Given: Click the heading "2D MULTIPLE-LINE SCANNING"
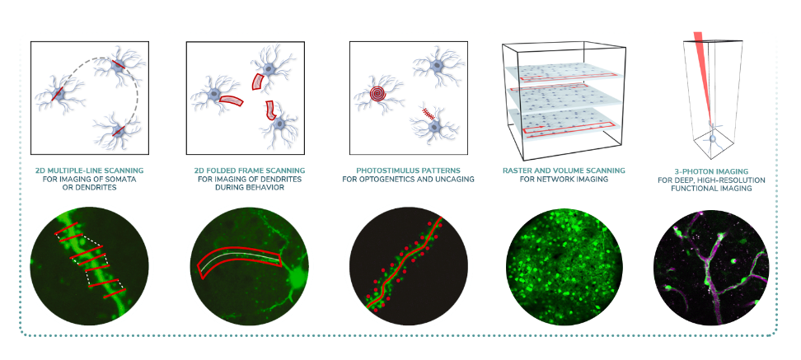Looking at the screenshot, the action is pyautogui.click(x=89, y=170).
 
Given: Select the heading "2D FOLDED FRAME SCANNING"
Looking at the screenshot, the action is pyautogui.click(x=250, y=170).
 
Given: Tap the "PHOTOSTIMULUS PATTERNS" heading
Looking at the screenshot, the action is pyautogui.click(x=408, y=170).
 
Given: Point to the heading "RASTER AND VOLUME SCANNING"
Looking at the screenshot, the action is pyautogui.click(x=563, y=170).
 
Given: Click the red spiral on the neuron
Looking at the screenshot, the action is pyautogui.click(x=378, y=94).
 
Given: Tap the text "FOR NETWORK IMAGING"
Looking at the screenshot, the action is pyautogui.click(x=563, y=180).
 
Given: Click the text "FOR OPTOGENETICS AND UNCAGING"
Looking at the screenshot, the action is pyautogui.click(x=408, y=179).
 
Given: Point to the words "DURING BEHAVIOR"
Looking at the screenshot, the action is pyautogui.click(x=250, y=188).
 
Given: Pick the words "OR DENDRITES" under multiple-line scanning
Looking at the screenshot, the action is pyautogui.click(x=89, y=188).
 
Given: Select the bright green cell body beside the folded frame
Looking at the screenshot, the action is pyautogui.click(x=295, y=278).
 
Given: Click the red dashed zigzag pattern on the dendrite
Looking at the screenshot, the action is pyautogui.click(x=428, y=114).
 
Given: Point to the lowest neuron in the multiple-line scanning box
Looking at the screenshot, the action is pyautogui.click(x=118, y=132).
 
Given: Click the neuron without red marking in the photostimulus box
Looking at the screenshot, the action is pyautogui.click(x=438, y=66).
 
